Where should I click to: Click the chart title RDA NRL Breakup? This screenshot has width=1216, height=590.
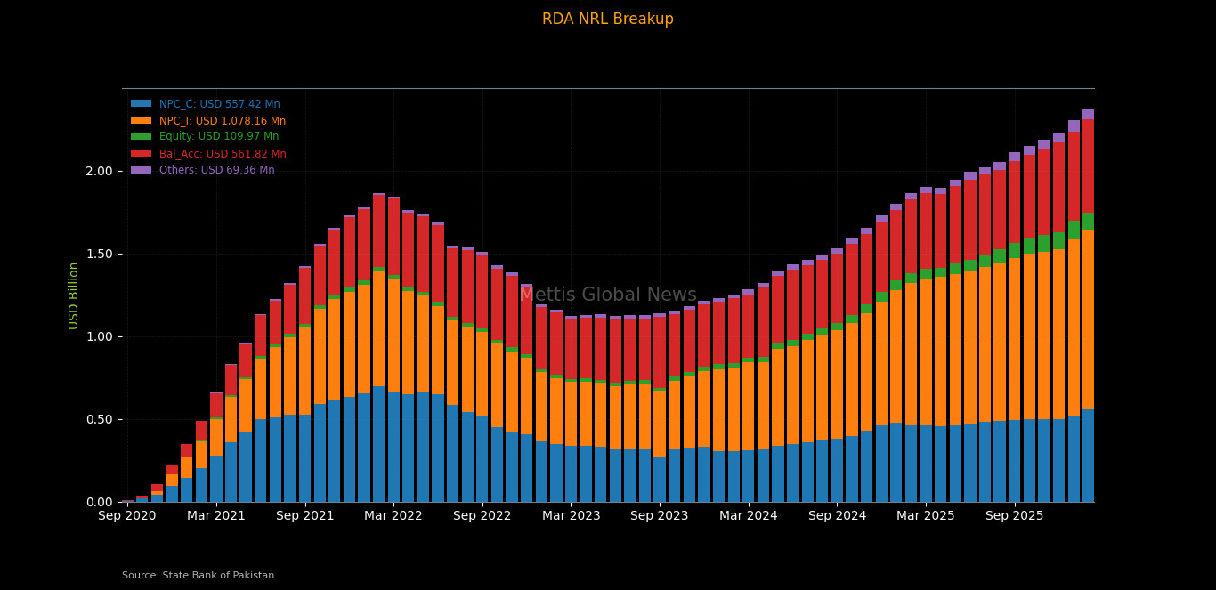607,20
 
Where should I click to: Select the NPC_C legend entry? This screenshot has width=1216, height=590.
219,104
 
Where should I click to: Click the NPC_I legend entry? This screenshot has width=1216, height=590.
222,121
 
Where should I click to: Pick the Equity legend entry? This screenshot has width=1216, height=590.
218,137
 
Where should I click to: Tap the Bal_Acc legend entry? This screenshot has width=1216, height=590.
223,154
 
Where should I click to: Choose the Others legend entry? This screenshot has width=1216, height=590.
216,170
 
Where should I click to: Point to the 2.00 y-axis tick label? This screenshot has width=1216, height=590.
99,171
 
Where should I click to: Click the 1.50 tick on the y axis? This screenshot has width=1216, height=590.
99,254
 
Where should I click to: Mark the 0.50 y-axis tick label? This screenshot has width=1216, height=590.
99,419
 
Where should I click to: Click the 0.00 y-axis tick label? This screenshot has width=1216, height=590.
99,502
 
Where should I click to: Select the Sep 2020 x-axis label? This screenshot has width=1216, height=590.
127,515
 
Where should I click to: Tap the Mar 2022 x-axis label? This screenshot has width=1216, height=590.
393,515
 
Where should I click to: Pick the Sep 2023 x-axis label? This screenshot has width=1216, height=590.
660,515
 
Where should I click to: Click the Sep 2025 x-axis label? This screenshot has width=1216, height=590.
1015,515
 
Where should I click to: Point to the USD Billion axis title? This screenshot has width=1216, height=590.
74,295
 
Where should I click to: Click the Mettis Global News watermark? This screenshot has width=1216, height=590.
608,295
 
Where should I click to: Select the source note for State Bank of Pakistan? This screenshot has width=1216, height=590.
198,576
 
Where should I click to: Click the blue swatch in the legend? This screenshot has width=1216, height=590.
141,104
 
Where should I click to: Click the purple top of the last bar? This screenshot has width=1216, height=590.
1088,114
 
